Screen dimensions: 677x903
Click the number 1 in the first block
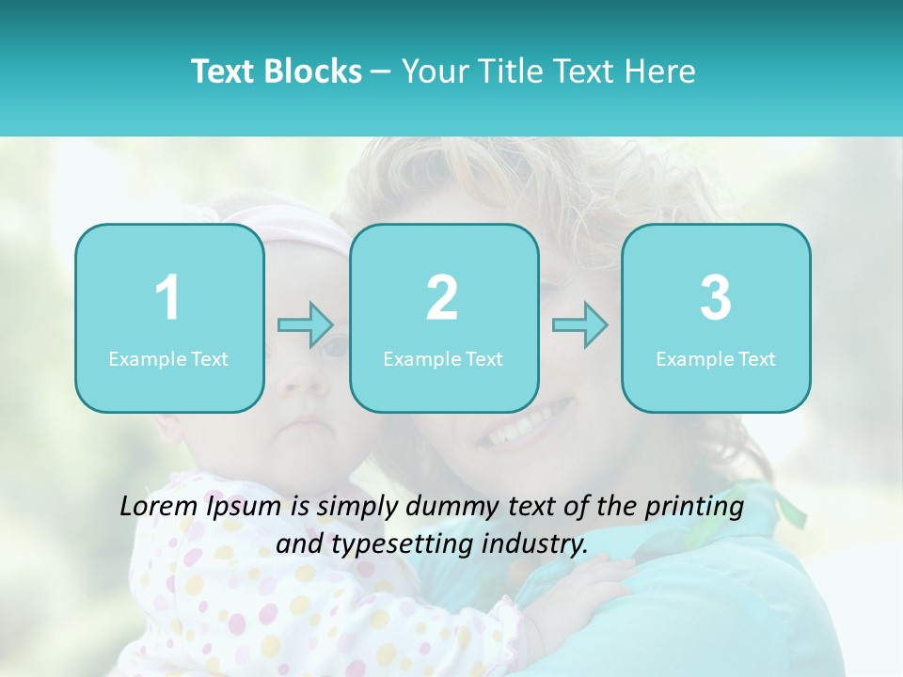(168, 298)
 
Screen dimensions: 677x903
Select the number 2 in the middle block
(442, 298)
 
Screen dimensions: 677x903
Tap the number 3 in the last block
(715, 298)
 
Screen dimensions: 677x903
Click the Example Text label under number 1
(168, 359)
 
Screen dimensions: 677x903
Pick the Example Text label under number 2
(443, 359)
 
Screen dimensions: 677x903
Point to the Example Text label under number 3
(716, 359)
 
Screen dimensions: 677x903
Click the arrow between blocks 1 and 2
(306, 325)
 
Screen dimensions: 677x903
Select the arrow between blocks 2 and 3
(580, 325)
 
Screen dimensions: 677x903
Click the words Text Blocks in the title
(277, 71)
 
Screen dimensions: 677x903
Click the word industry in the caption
(536, 543)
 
